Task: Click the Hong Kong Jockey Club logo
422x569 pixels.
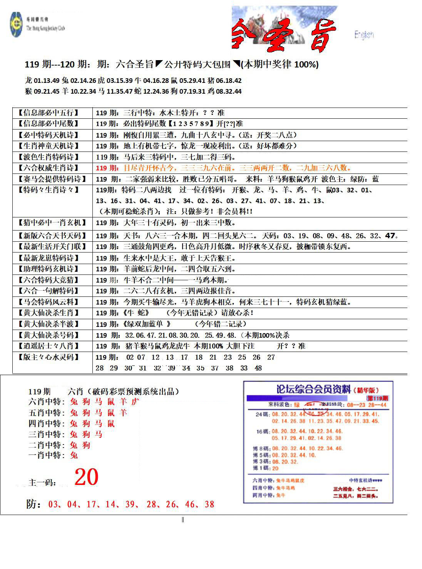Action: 17,25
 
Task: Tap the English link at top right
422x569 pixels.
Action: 364,35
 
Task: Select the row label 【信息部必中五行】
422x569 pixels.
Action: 49,113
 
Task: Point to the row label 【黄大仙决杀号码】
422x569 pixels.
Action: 49,335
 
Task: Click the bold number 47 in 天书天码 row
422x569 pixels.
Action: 390,235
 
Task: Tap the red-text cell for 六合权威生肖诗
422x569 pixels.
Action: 223,168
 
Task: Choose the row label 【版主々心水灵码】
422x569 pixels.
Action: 49,357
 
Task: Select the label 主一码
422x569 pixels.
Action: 43,482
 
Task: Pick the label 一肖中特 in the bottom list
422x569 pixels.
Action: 47,455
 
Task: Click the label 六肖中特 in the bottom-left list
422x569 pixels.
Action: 47,402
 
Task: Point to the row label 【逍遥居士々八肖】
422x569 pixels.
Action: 49,346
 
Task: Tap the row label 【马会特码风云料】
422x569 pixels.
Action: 49,302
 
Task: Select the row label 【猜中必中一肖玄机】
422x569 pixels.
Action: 52,223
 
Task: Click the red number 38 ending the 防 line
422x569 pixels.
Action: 209,504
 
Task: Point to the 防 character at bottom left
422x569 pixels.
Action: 32,504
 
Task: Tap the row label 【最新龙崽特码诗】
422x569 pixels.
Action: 49,258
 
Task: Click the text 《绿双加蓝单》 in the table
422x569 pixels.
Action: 146,324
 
